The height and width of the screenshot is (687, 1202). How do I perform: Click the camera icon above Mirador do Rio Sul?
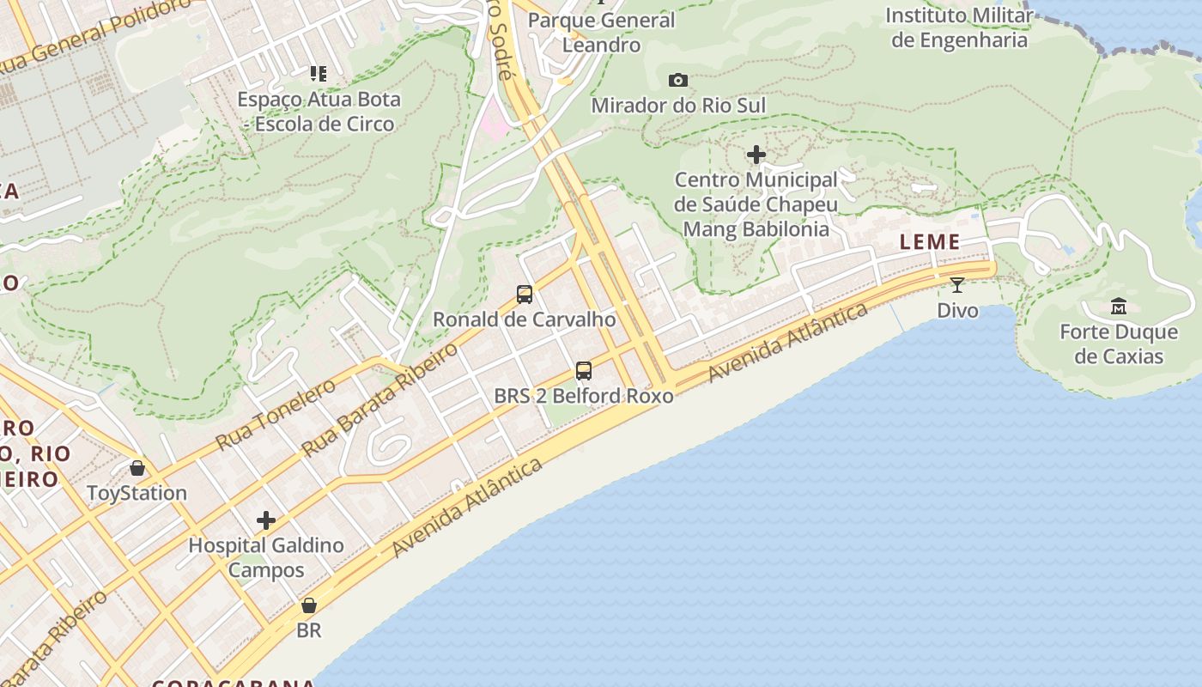click(678, 80)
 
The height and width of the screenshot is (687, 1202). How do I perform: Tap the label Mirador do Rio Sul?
click(678, 106)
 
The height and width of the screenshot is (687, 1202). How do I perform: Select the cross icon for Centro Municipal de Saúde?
click(756, 155)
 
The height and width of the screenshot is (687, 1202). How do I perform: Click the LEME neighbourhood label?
click(930, 242)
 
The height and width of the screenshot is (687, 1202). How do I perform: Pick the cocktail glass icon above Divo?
click(957, 284)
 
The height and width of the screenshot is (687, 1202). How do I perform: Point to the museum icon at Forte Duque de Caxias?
click(1119, 306)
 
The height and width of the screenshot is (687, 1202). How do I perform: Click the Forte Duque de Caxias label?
click(1118, 343)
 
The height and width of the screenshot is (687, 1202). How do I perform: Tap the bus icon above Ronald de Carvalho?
click(525, 295)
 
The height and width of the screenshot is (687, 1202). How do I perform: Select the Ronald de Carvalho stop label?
click(524, 319)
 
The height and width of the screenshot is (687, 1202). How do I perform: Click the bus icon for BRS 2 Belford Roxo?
click(584, 371)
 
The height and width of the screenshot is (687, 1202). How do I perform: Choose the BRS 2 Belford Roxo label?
click(584, 396)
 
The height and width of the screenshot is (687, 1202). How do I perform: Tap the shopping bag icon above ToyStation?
click(137, 468)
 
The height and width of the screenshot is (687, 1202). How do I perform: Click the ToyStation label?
click(137, 493)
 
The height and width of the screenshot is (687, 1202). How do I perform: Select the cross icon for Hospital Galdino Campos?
click(266, 520)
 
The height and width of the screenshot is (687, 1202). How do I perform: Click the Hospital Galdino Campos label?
click(266, 557)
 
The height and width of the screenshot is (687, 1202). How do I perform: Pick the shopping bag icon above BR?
click(309, 605)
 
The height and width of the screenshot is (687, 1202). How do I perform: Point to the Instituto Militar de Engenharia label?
click(959, 27)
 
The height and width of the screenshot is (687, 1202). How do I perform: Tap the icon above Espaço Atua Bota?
click(319, 74)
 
